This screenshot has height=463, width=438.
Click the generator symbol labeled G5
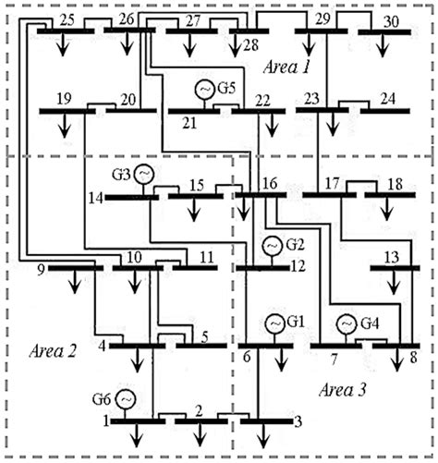pyautogui.click(x=204, y=90)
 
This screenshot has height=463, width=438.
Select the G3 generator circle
pyautogui.click(x=144, y=173)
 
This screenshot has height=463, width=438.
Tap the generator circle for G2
pyautogui.click(x=272, y=246)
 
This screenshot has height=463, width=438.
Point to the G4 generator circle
pyautogui.click(x=347, y=323)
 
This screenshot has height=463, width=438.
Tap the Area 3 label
pyautogui.click(x=343, y=389)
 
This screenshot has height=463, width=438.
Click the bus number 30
pyautogui.click(x=390, y=20)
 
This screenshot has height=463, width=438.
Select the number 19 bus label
pyautogui.click(x=65, y=98)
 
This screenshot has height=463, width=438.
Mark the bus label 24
pyautogui.click(x=387, y=98)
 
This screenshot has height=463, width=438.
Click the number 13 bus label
pyautogui.click(x=391, y=255)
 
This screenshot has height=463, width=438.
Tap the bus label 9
pyautogui.click(x=39, y=270)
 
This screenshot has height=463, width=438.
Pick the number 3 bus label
pyautogui.click(x=296, y=422)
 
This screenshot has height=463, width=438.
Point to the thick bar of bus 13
pyautogui.click(x=395, y=269)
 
